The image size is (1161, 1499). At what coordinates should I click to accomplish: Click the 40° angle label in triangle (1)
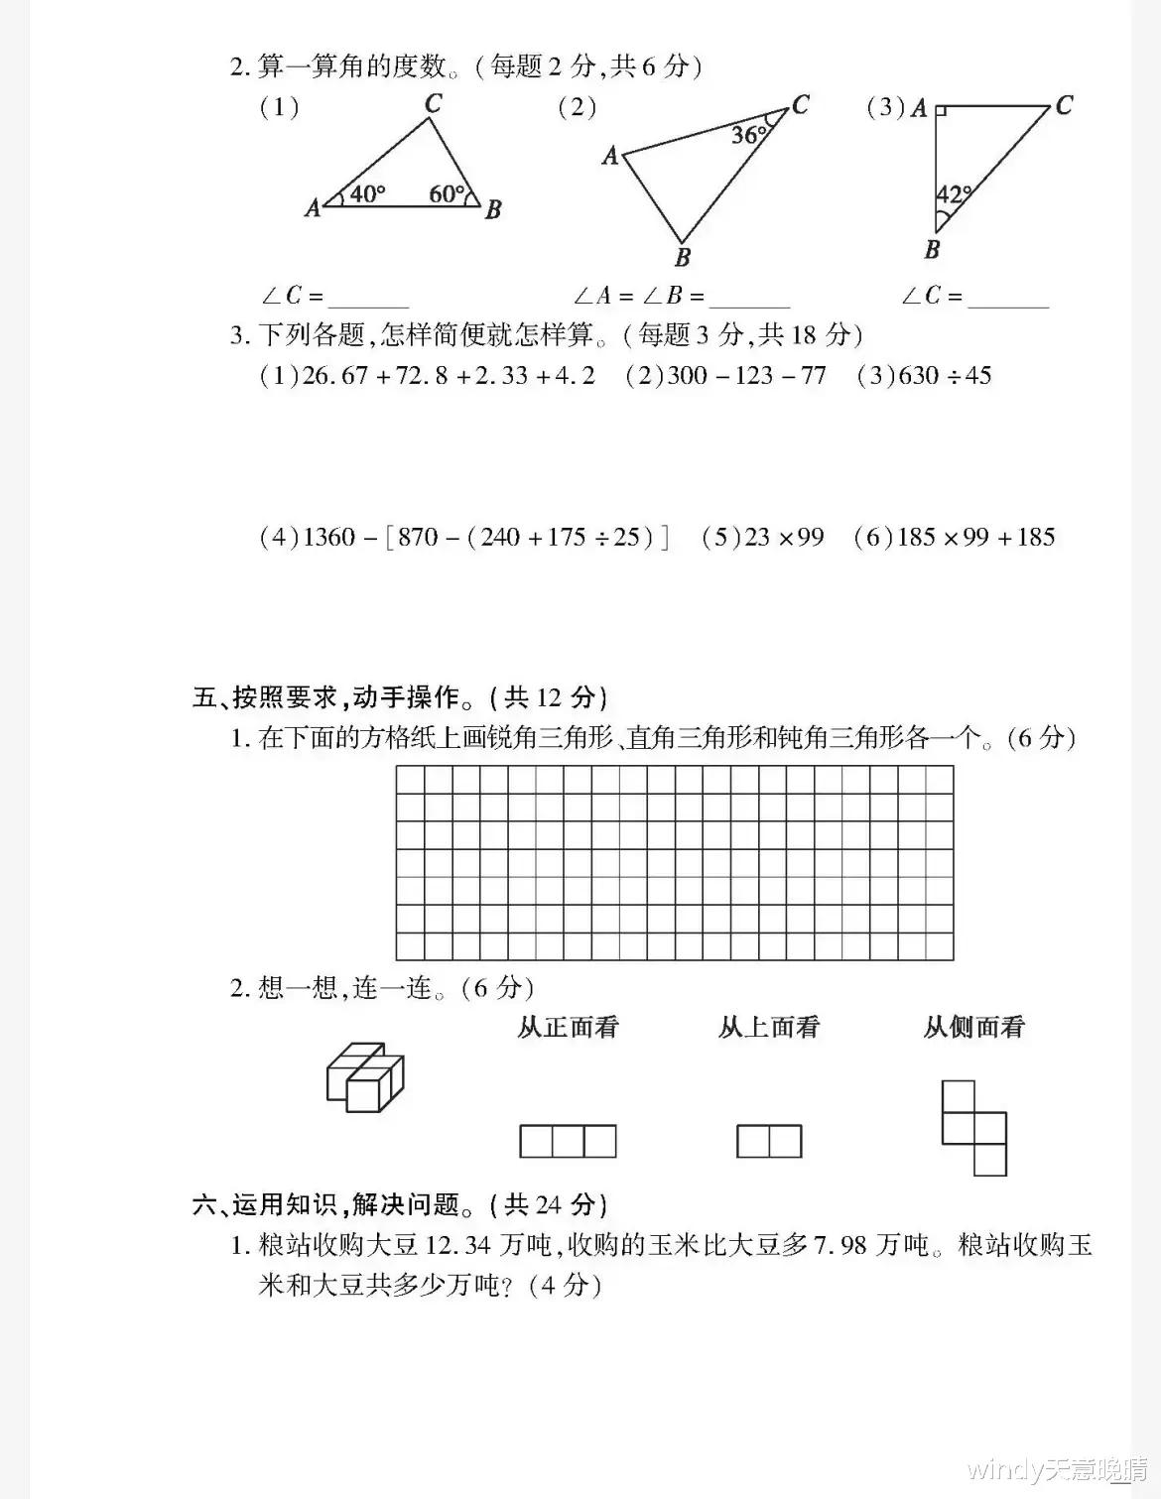click(367, 193)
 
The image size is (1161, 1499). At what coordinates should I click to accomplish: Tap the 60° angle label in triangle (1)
click(447, 193)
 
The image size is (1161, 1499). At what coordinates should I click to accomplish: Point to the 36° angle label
click(749, 135)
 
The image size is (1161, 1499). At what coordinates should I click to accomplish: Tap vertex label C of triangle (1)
click(433, 102)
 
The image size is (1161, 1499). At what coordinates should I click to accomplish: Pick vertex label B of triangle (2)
click(683, 258)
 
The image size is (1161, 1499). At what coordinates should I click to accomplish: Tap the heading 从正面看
click(568, 1027)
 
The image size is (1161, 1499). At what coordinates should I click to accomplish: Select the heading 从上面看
click(769, 1027)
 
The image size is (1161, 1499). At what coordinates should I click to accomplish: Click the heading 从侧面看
click(973, 1027)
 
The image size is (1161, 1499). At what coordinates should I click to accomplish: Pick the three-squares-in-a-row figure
click(568, 1141)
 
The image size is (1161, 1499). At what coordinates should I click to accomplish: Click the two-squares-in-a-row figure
click(769, 1141)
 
